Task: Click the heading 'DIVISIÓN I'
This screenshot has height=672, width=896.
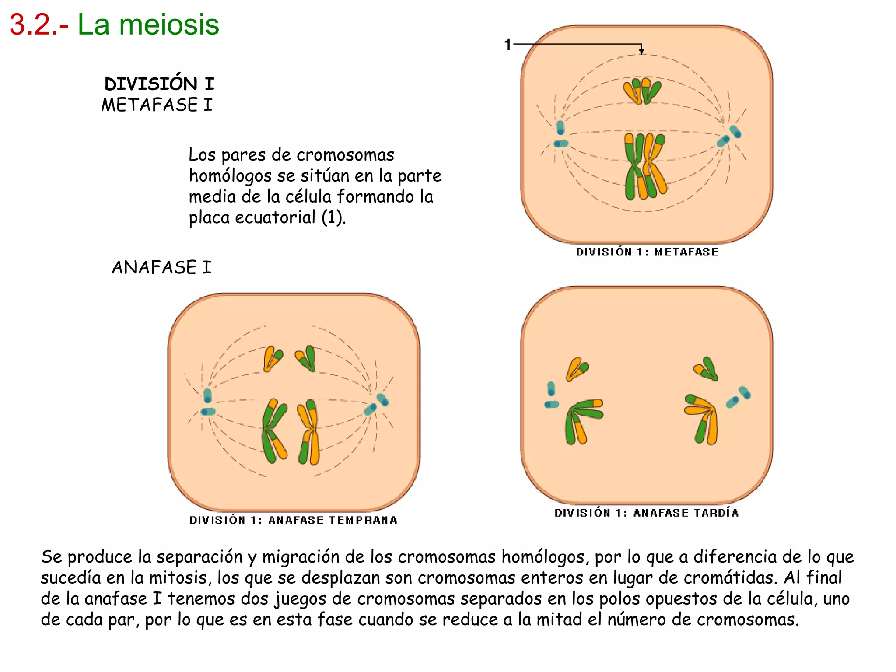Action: (159, 84)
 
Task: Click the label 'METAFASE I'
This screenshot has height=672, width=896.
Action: (157, 105)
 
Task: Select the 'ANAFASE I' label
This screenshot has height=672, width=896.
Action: (161, 267)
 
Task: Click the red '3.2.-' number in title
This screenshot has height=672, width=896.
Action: (38, 24)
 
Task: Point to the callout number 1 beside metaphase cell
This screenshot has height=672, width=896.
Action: (507, 45)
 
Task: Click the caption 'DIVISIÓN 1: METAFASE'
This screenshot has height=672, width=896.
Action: (647, 252)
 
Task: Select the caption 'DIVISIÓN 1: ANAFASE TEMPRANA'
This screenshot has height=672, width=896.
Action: (293, 520)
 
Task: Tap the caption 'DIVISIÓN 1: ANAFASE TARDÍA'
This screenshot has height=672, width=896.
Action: (646, 513)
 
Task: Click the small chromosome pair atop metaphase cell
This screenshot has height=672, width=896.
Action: (642, 91)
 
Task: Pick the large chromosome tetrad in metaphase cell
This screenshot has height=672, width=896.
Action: (645, 166)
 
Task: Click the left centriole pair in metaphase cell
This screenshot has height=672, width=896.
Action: (560, 135)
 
